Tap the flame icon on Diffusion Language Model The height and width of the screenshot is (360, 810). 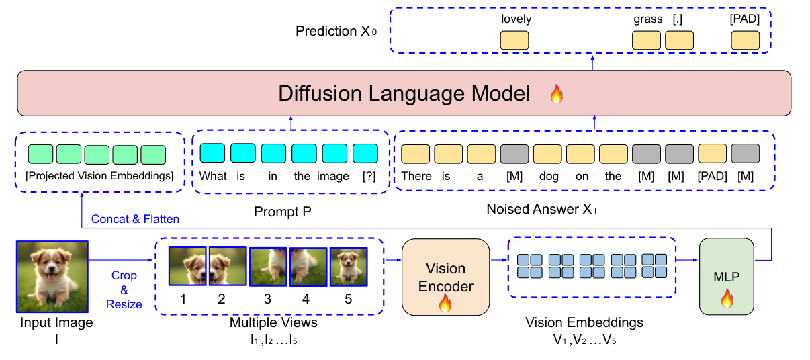click(556, 95)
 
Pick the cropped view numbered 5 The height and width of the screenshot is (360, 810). click(349, 267)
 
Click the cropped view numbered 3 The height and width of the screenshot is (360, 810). click(268, 267)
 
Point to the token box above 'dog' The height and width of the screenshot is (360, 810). click(547, 154)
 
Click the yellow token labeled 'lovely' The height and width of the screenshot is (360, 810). click(515, 40)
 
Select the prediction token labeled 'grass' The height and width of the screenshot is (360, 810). click(647, 40)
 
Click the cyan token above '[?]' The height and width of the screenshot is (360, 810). click(366, 154)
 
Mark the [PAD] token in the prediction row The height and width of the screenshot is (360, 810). click(745, 40)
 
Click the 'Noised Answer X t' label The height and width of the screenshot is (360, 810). click(541, 210)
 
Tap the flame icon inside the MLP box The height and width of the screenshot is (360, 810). click(727, 298)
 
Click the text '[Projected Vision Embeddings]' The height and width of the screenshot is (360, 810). click(99, 176)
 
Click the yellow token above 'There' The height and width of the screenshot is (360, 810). click(415, 154)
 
